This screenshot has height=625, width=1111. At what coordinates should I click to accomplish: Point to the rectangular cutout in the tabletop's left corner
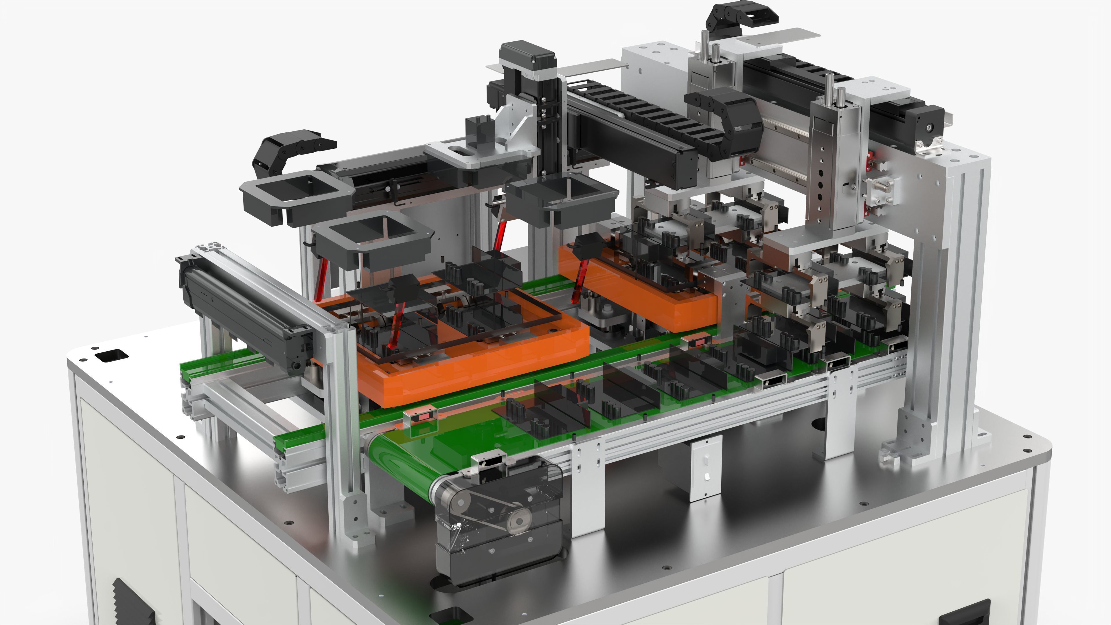pyautogui.click(x=111, y=356)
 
